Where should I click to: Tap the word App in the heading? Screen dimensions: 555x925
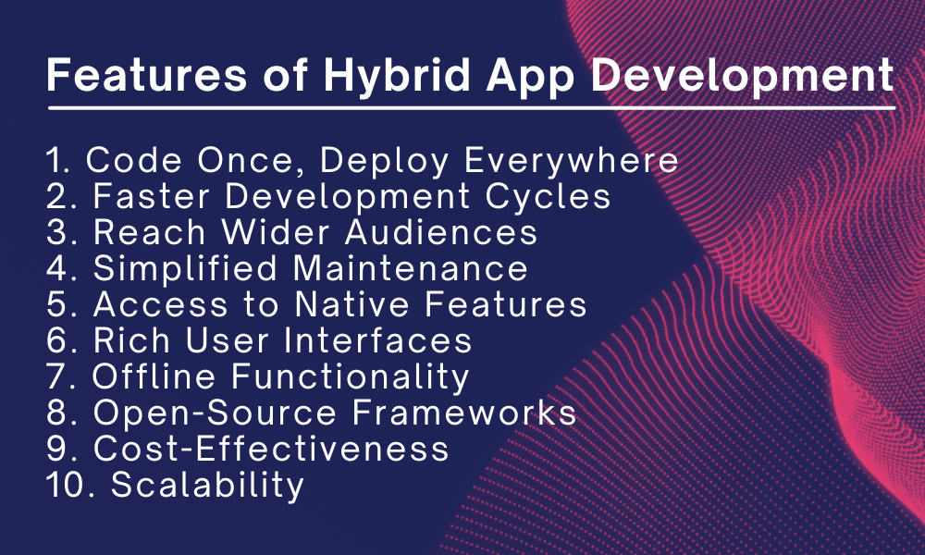pyautogui.click(x=542, y=74)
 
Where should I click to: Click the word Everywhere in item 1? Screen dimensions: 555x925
pyautogui.click(x=572, y=161)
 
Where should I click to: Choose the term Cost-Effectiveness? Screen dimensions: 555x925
pyautogui.click(x=271, y=449)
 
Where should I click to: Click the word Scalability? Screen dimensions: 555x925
pyautogui.click(x=207, y=485)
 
